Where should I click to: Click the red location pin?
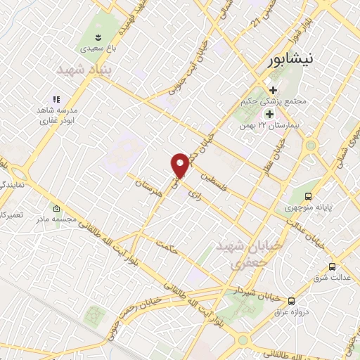180,165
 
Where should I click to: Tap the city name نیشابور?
294,60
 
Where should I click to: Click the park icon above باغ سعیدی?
98,37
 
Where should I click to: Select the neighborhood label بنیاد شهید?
84,71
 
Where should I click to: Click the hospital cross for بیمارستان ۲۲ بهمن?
269,114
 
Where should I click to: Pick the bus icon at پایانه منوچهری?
309,197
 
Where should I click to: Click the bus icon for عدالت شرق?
333,267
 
